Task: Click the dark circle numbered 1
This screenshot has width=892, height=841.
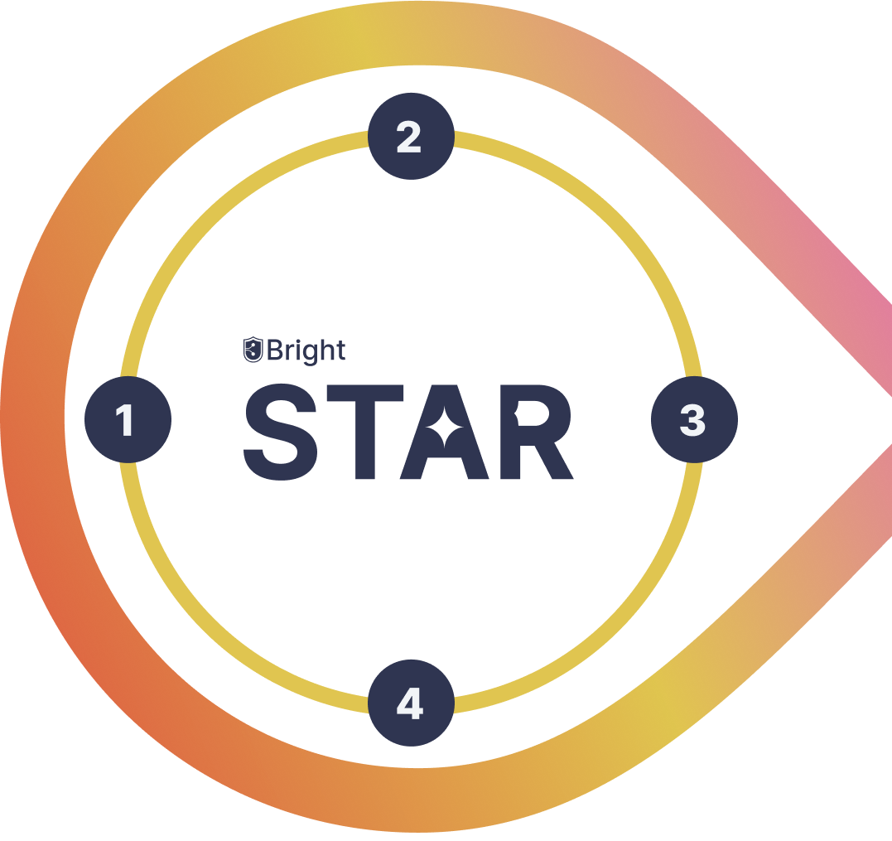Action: pos(128,420)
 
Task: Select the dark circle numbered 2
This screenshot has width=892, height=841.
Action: pos(412,136)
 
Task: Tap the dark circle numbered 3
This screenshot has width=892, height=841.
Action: pos(695,420)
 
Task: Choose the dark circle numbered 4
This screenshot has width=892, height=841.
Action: pos(412,703)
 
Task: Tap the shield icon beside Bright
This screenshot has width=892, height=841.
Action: pos(253,350)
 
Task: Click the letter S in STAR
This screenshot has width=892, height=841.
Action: pos(281,432)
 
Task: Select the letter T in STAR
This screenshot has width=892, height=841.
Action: pos(365,432)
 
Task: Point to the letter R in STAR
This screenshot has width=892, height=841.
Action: pos(537,432)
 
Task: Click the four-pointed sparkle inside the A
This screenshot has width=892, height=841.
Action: pos(444,427)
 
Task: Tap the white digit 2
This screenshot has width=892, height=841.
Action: pos(408,137)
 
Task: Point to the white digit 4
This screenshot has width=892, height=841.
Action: pos(410,703)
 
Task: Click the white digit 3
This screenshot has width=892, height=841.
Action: pos(693,421)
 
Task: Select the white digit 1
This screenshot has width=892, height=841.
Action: pos(125,420)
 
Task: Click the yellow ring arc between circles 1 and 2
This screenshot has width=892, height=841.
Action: pos(216,217)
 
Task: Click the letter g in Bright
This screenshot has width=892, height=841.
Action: pos(311,354)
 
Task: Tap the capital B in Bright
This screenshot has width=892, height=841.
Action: pos(275,350)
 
